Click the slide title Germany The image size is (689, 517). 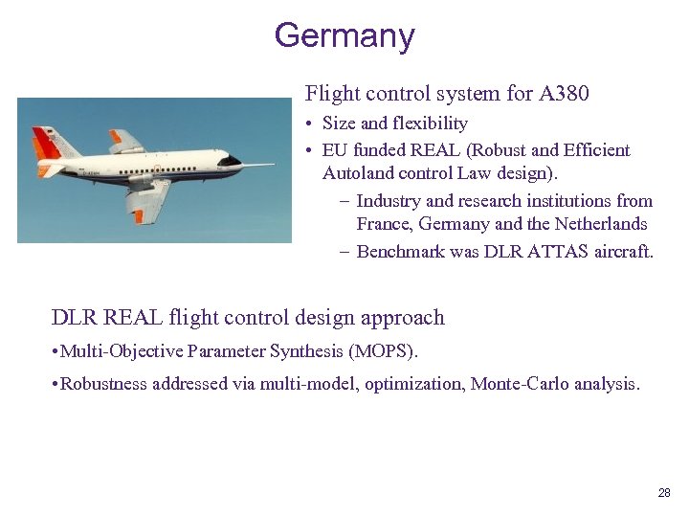pos(344,35)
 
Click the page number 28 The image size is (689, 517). pos(664,493)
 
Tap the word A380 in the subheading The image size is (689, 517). pos(564,93)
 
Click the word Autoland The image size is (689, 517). pos(358,173)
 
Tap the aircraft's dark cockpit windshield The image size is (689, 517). pos(229,161)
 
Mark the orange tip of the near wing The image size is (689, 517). pos(139,215)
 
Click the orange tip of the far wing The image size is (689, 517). pos(116,137)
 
